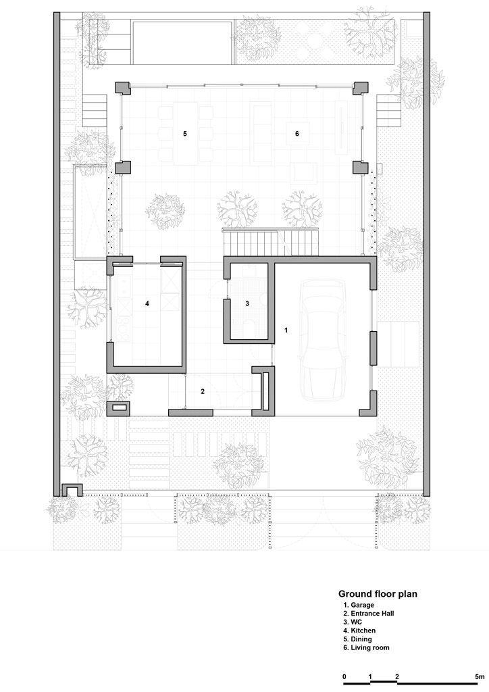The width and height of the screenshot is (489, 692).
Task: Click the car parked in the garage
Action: pos(321,339)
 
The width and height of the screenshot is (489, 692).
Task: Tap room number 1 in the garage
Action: pos(286,330)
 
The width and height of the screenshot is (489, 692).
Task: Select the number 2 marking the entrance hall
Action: pos(203,391)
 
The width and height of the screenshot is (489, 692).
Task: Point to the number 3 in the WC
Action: pos(247,303)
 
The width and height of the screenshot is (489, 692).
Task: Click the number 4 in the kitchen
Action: pos(147,303)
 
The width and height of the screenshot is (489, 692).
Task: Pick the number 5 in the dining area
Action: pos(185,133)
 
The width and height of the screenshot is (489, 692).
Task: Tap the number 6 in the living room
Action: pos(297,133)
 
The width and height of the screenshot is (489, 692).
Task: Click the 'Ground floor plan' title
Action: pos(378,594)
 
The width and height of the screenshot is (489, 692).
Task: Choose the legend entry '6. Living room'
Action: pos(366,648)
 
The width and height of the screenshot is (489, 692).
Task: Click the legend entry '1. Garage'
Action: pos(359,605)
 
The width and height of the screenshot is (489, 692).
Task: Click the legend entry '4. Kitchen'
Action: pos(359,631)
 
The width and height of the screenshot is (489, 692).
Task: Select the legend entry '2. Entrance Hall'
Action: pos(369,614)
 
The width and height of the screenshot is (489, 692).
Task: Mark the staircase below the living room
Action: pos(270,243)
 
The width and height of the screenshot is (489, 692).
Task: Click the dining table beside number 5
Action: pos(185,134)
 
